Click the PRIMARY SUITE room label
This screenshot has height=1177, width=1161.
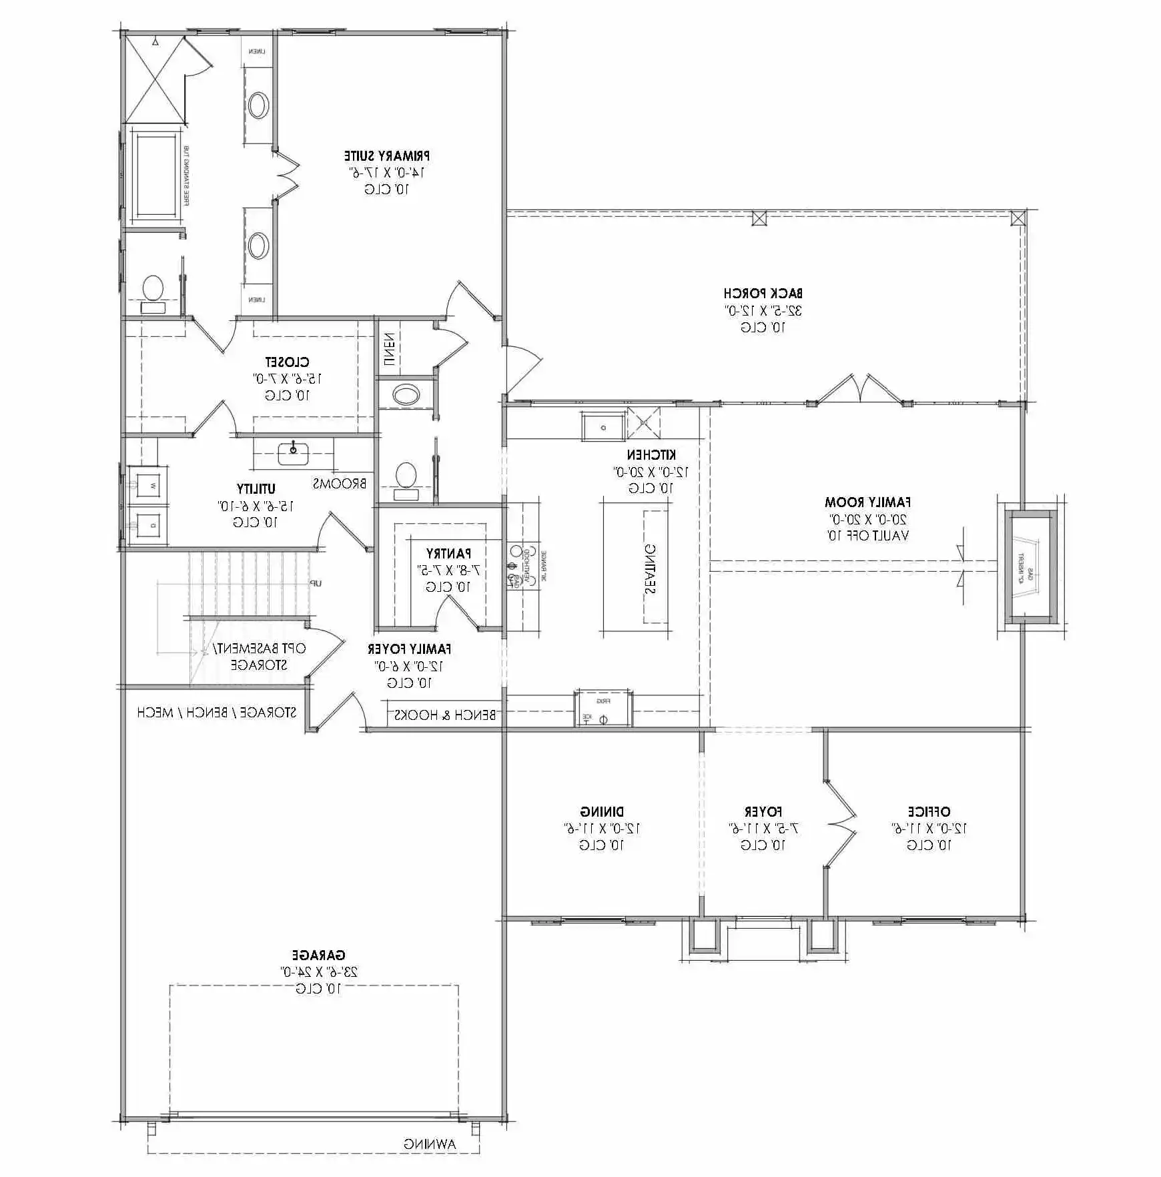(x=387, y=156)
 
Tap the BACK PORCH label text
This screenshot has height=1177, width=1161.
(x=763, y=293)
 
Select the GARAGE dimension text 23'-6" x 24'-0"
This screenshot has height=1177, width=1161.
(x=319, y=971)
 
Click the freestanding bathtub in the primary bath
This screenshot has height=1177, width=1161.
(x=156, y=175)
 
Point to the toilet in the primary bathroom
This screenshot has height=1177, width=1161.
(x=153, y=291)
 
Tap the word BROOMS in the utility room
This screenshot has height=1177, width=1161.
(x=340, y=483)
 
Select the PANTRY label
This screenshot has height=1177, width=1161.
(x=448, y=553)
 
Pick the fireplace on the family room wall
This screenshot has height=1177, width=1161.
(x=1031, y=567)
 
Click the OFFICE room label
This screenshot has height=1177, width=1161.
(x=928, y=811)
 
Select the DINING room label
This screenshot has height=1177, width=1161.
(x=602, y=811)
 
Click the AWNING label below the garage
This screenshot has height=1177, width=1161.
(x=430, y=1144)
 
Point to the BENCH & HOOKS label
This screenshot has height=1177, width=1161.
(x=445, y=715)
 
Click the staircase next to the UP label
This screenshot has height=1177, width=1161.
(x=250, y=584)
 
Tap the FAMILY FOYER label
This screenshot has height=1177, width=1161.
(x=409, y=649)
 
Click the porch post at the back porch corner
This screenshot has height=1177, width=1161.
(x=1018, y=218)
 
